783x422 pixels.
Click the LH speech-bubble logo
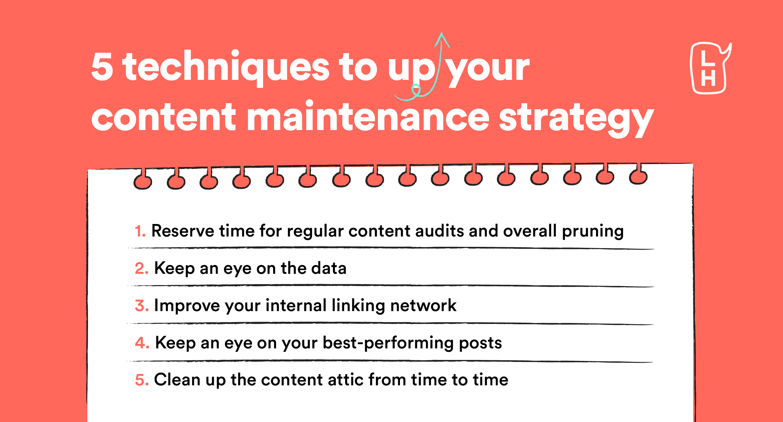(x=710, y=68)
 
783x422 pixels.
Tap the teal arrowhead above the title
(x=442, y=39)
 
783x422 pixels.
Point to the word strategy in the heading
(x=576, y=120)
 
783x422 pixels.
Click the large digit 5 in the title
(x=102, y=66)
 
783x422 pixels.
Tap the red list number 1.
(x=140, y=231)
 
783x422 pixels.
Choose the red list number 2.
(x=142, y=268)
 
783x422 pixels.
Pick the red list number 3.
(x=142, y=306)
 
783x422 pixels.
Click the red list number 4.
(x=142, y=343)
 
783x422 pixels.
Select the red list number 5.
(x=142, y=380)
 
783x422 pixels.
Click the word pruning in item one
(x=593, y=232)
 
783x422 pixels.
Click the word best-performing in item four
(x=388, y=344)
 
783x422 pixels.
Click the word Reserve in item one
(x=183, y=231)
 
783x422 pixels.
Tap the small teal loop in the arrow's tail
(x=416, y=90)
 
